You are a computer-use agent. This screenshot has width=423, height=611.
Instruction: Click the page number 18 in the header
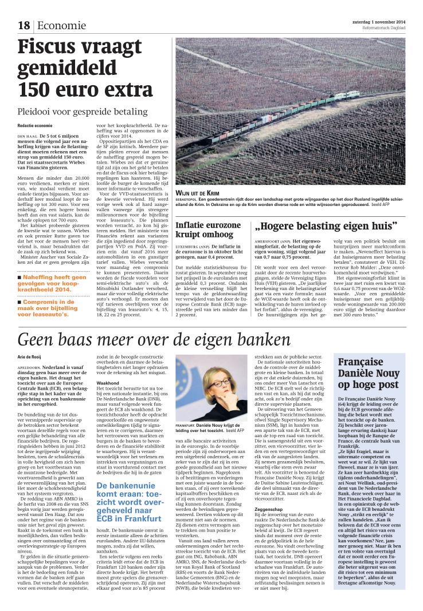(x=23, y=25)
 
